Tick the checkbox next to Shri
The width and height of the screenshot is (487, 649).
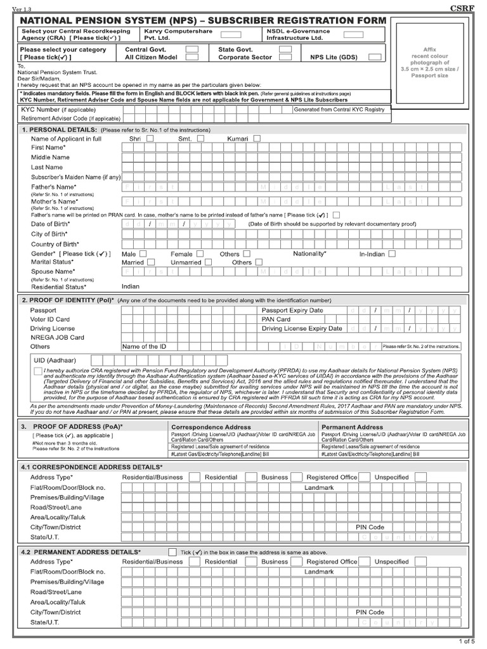[150, 138]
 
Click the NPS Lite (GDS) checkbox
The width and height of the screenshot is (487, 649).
[375, 57]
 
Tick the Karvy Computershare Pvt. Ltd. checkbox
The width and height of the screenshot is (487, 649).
[230, 35]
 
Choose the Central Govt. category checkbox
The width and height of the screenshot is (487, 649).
[192, 49]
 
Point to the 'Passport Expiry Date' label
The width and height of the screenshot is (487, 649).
[292, 311]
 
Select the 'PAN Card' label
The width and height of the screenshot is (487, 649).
[277, 319]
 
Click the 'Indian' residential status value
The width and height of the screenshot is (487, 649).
[131, 286]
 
